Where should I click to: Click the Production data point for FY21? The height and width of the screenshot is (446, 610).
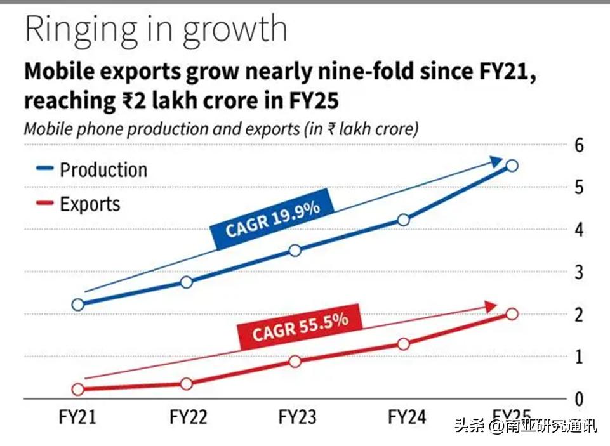point(78,305)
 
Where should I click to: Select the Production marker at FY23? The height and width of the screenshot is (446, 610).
point(295,250)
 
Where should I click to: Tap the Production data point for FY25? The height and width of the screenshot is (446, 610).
point(512,166)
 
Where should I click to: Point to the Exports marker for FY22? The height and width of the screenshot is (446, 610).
point(187,384)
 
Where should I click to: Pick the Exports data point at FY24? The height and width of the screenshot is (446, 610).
point(404,344)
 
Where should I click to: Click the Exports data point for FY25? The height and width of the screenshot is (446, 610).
point(512,313)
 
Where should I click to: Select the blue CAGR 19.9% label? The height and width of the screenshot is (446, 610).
point(273,220)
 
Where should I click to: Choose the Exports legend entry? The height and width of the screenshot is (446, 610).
point(90,204)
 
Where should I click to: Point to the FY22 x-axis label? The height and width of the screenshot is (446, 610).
point(189,417)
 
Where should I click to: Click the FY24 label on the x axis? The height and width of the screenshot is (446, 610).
point(407,417)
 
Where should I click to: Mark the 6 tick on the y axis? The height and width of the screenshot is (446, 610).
point(579,145)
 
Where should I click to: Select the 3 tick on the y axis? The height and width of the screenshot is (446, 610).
point(579,272)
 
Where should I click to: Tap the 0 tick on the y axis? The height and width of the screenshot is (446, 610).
point(579,400)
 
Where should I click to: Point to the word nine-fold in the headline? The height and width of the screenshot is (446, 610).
point(366,72)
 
